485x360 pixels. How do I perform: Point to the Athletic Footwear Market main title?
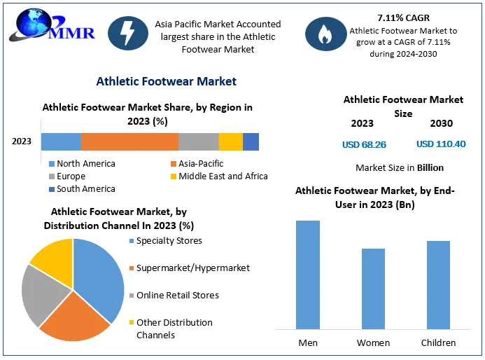pos(167,81)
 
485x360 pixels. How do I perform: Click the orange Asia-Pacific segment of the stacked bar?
pos(129,141)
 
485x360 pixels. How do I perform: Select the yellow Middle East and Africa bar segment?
pos(230,141)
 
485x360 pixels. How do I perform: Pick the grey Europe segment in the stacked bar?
pos(198,141)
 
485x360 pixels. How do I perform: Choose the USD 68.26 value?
pos(364,144)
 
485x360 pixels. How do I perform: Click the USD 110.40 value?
pos(441,144)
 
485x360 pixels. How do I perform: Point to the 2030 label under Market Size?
pos(442,124)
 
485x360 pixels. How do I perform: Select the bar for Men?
pos(308,275)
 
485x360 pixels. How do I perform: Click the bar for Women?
pos(373,289)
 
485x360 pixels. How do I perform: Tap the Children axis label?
pos(438,342)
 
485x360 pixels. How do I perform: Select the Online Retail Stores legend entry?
pos(176,296)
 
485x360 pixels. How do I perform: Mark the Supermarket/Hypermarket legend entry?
pos(192,268)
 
